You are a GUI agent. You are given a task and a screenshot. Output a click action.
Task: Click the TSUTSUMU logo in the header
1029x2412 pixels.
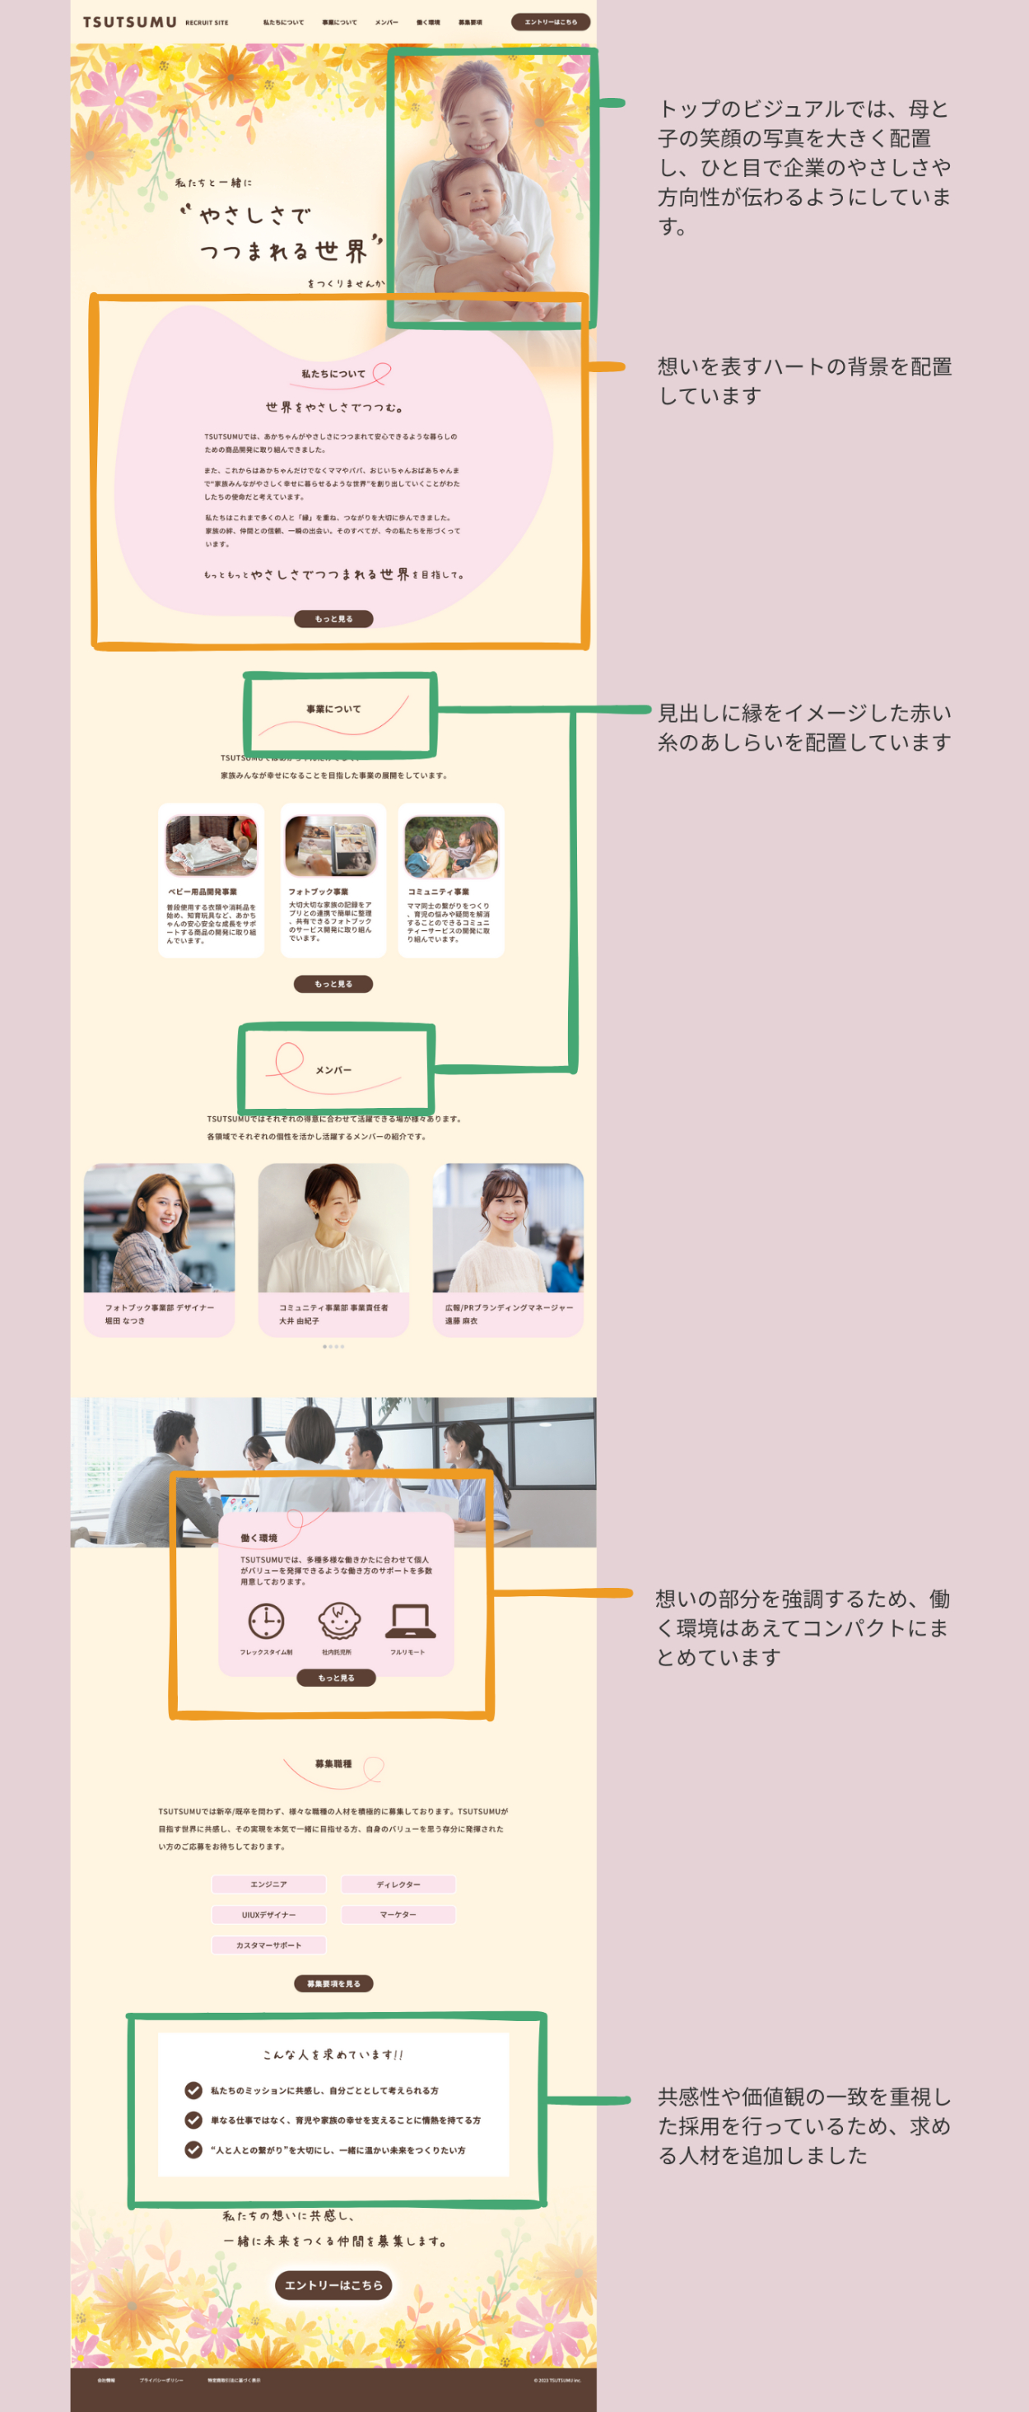pos(129,21)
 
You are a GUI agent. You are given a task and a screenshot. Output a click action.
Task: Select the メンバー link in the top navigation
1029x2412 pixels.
pos(386,22)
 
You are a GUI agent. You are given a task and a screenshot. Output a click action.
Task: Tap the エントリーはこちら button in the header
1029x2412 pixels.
pos(551,21)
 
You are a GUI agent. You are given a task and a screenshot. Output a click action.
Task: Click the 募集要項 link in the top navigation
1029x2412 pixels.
pos(470,22)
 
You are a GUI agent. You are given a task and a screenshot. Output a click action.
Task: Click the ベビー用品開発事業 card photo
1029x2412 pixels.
pos(211,845)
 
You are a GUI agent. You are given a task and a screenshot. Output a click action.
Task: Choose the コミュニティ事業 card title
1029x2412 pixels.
pos(438,892)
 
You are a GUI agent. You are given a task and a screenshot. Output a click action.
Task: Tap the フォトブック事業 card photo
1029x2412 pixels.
pos(332,845)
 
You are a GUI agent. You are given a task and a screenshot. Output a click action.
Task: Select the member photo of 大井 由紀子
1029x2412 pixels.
pos(333,1227)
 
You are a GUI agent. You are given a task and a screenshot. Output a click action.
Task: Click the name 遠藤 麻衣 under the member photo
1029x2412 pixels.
pos(462,1321)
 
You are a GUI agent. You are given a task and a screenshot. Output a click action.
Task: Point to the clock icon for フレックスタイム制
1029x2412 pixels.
pos(266,1621)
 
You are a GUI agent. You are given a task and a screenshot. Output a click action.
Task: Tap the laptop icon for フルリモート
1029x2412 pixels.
pos(409,1621)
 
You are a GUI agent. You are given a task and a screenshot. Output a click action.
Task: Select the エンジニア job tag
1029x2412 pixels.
pos(268,1884)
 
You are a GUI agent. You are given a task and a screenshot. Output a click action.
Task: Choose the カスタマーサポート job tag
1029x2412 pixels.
pos(268,1944)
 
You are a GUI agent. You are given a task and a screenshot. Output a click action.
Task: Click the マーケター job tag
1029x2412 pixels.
pos(398,1915)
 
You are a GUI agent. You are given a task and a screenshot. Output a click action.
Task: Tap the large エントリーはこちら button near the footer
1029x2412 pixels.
pos(333,2284)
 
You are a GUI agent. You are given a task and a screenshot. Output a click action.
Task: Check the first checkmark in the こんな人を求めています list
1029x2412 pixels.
pos(193,2090)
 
